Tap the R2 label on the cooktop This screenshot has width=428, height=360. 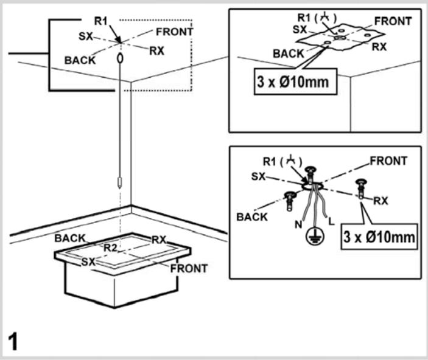tap(110, 247)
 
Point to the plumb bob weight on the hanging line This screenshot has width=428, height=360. tap(121, 181)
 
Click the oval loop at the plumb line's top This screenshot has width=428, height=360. tap(121, 58)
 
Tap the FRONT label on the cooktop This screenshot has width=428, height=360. tap(189, 268)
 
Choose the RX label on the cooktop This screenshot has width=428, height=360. tap(159, 239)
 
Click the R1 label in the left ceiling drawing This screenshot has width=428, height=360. tap(101, 22)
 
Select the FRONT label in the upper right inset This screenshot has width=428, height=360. tap(393, 21)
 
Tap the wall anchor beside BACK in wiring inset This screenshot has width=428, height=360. tap(289, 199)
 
